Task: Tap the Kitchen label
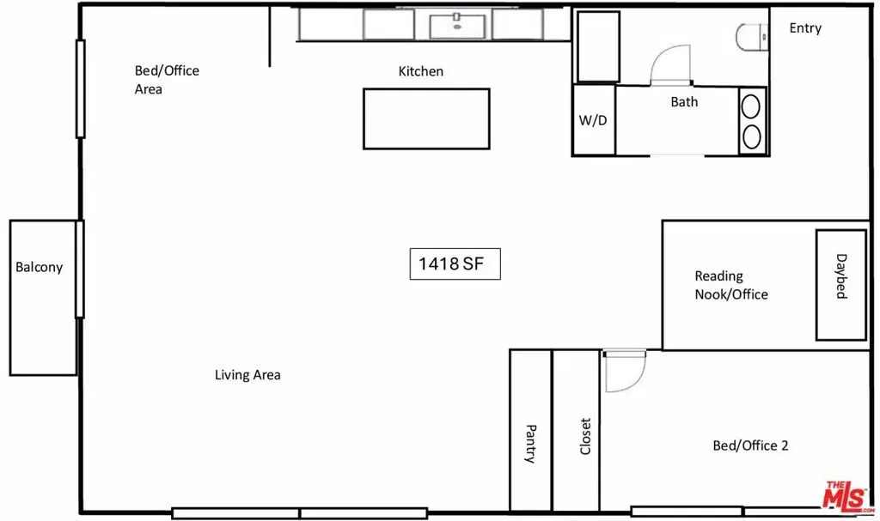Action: click(421, 71)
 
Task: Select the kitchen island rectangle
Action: click(426, 119)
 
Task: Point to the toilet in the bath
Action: click(752, 37)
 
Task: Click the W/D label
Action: click(593, 120)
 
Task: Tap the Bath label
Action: click(684, 102)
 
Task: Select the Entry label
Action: click(805, 28)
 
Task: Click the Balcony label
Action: click(39, 268)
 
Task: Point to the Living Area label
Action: click(247, 375)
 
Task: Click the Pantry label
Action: click(530, 444)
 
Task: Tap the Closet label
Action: click(585, 436)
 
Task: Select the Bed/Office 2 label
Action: click(750, 445)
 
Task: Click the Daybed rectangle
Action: click(840, 285)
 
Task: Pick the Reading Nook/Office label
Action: click(731, 285)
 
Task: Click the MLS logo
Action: click(848, 496)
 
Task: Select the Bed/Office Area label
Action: click(167, 80)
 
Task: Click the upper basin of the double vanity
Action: click(751, 106)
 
